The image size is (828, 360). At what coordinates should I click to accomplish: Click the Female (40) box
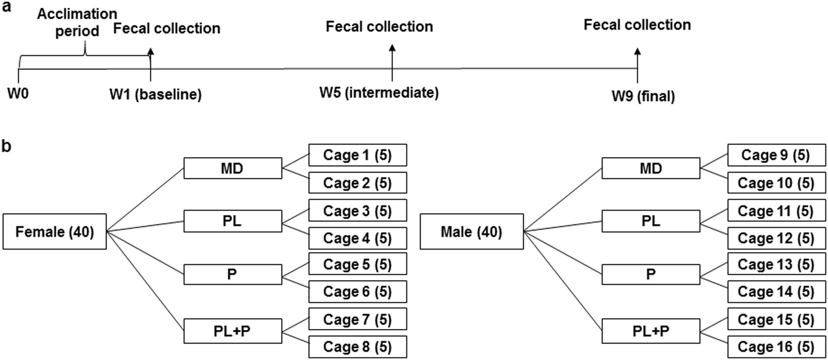(55, 231)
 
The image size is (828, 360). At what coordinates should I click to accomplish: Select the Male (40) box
(471, 232)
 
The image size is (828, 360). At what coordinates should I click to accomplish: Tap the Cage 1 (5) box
(357, 155)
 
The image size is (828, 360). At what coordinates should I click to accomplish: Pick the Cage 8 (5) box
(357, 347)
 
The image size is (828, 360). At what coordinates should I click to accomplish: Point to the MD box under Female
(233, 169)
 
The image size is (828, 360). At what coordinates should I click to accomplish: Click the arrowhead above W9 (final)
(637, 51)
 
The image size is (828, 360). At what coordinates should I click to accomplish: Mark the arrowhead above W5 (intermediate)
(392, 49)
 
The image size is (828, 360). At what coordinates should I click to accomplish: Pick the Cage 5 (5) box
(357, 264)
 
